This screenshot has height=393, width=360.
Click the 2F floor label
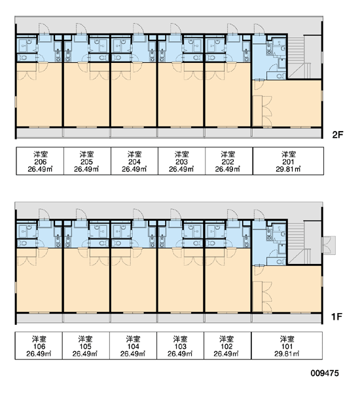pos(337,135)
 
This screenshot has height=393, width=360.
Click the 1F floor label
pos(336,317)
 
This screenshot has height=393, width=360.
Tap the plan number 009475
pos(325,373)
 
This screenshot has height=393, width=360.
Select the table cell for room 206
pos(40,161)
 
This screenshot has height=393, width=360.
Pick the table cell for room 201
pos(288,161)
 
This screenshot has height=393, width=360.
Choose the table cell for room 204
pos(134,161)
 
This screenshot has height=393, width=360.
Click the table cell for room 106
pos(39,346)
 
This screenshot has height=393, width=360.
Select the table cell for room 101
pos(287,346)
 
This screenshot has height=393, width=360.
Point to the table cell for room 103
pos(180,346)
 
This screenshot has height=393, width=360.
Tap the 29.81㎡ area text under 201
pos(288,169)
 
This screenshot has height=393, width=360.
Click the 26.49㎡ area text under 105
pos(85,354)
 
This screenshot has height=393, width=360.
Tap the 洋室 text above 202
pos(228,154)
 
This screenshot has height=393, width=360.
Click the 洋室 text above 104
pos(133,339)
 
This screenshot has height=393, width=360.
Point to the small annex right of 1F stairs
pos(329,245)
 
